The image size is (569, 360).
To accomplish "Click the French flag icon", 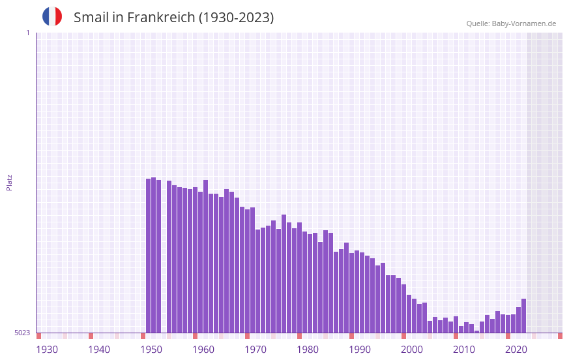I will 52,16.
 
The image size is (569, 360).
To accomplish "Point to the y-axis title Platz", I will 9,182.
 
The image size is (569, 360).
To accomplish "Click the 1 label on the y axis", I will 27,33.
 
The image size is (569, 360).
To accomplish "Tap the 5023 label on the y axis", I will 22,333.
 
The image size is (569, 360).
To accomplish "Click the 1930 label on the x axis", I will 47,350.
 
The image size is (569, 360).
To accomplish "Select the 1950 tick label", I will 151,350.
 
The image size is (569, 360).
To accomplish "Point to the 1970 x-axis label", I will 255,350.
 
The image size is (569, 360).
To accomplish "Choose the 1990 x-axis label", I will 360,350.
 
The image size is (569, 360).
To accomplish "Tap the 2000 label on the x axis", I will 412,350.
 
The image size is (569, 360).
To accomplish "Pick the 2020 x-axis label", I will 516,350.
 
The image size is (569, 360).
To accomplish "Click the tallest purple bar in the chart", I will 154,255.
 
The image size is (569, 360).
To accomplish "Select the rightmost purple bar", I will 524,316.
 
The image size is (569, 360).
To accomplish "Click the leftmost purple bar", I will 149,256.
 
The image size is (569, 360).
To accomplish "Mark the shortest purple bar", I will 477,331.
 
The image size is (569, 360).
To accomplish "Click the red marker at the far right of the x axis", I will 560,336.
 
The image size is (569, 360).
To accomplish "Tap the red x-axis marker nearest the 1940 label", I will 91,336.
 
